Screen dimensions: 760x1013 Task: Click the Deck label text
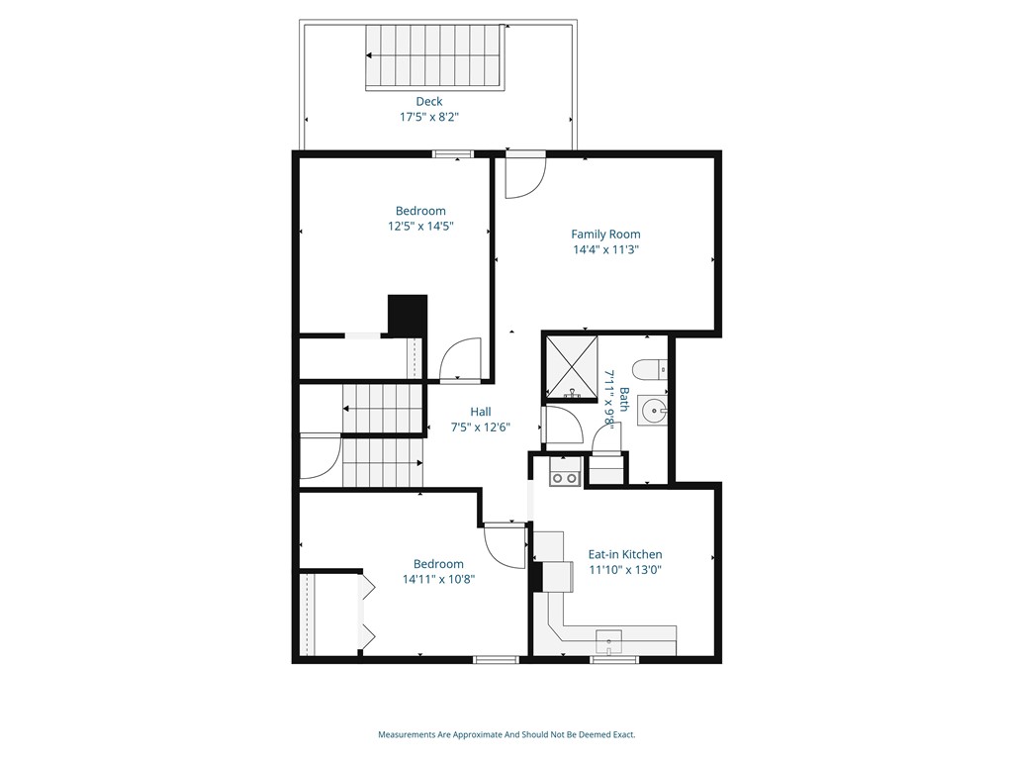click(428, 101)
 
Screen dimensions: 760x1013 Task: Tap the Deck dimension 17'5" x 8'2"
click(428, 117)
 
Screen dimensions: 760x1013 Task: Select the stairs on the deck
click(436, 57)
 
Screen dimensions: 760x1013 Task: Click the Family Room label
click(605, 235)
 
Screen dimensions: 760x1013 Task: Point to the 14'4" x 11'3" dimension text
click(605, 250)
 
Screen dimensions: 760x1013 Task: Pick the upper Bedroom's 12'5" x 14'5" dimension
click(420, 227)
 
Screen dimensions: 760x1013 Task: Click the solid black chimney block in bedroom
click(407, 315)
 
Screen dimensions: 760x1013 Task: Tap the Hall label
click(480, 412)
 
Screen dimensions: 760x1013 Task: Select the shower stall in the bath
click(571, 367)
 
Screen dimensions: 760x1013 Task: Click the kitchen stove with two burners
click(565, 478)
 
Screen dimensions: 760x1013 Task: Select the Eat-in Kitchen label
click(625, 554)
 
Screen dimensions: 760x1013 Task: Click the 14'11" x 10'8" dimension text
click(439, 580)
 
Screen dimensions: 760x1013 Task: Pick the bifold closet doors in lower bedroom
click(367, 613)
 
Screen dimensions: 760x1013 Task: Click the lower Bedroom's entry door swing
click(506, 545)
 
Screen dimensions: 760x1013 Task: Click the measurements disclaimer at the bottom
click(506, 734)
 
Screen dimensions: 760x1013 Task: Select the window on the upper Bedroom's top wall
click(453, 153)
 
